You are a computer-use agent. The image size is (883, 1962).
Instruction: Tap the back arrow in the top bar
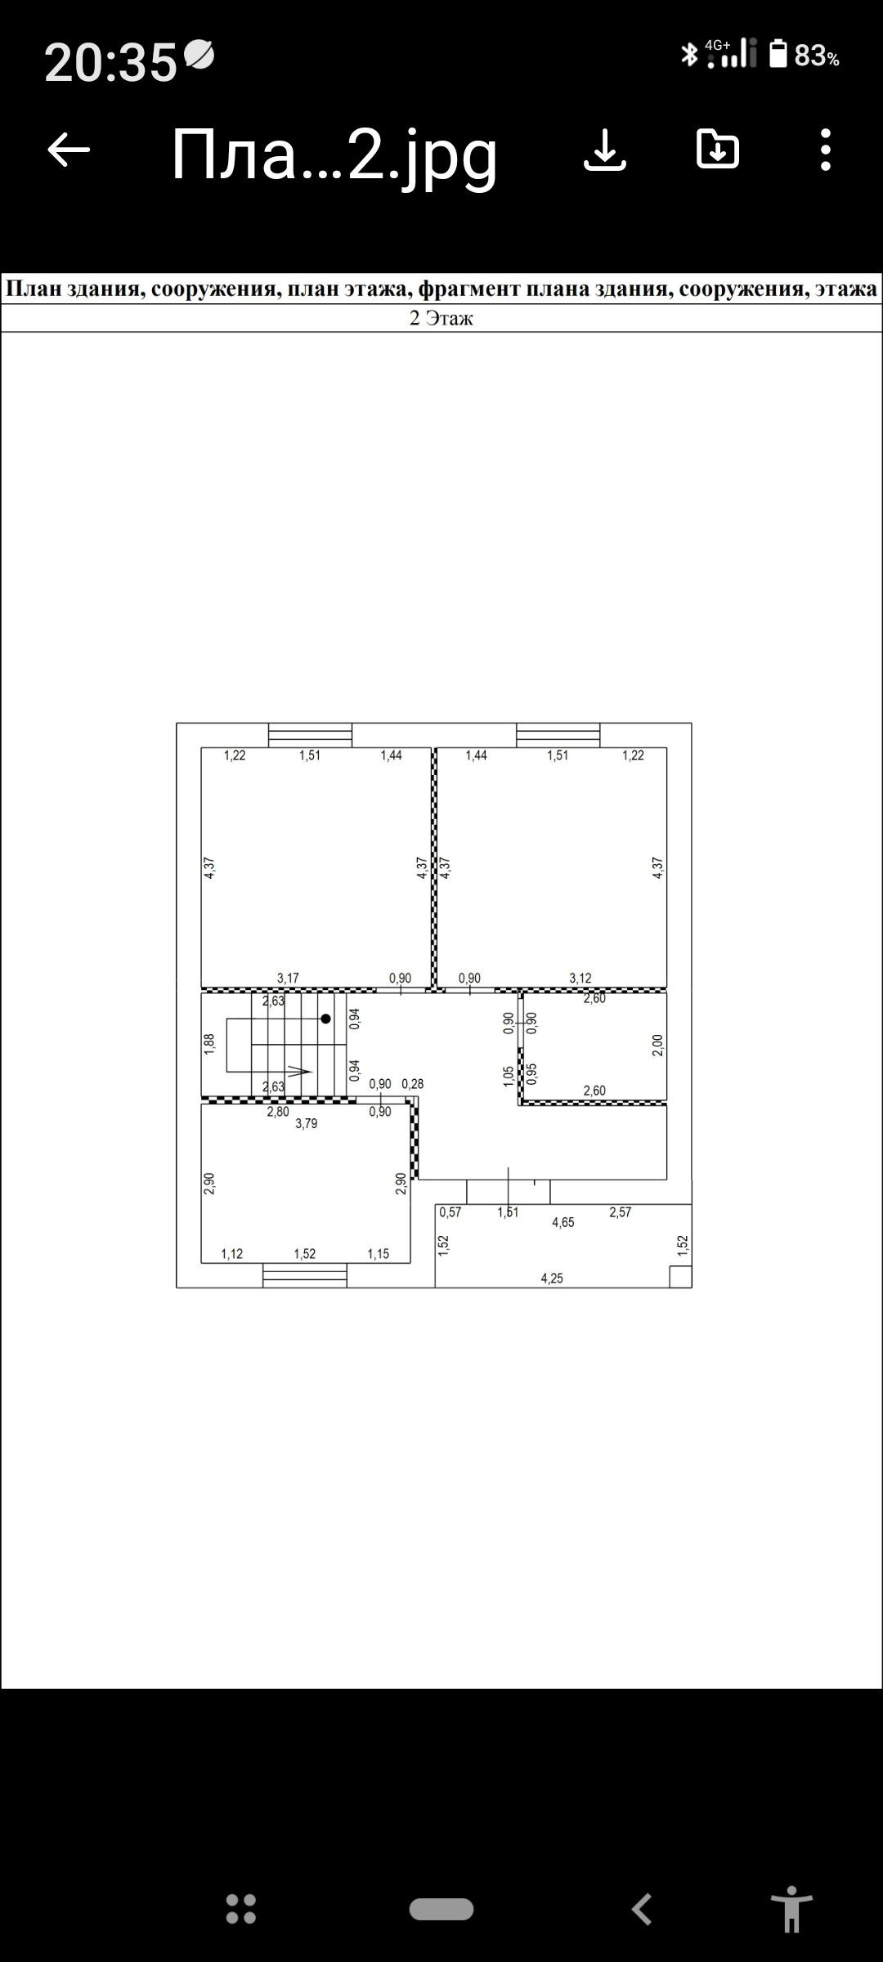(x=69, y=150)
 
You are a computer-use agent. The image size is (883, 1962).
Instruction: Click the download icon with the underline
(x=605, y=150)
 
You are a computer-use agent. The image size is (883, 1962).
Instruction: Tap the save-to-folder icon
(x=718, y=149)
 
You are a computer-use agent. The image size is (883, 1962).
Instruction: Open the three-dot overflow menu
(x=826, y=150)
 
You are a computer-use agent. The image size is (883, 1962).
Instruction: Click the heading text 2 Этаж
(x=441, y=318)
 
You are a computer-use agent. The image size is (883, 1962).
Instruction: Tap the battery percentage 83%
(x=817, y=56)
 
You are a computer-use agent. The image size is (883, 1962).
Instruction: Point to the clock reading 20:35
(x=110, y=62)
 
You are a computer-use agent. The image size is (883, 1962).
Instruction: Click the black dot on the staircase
(x=325, y=1019)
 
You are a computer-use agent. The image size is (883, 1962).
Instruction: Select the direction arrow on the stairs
(x=298, y=1071)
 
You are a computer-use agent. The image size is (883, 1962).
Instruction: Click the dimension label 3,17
(x=288, y=978)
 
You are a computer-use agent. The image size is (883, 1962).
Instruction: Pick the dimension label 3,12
(x=580, y=978)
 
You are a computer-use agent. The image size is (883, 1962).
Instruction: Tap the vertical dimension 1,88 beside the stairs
(x=209, y=1045)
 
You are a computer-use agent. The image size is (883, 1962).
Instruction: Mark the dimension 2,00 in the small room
(x=658, y=1046)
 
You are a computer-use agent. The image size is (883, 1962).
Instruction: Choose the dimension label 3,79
(x=307, y=1124)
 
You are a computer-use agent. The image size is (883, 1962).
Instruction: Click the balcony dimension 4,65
(x=563, y=1223)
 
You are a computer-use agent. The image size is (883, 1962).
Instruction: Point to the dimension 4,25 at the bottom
(x=552, y=1279)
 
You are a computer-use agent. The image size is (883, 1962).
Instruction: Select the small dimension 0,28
(x=413, y=1084)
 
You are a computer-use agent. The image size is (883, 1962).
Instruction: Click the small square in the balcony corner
(x=680, y=1276)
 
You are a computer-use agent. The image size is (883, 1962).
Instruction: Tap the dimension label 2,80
(x=278, y=1112)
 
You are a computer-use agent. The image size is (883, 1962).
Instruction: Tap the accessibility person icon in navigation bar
(x=791, y=1910)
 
